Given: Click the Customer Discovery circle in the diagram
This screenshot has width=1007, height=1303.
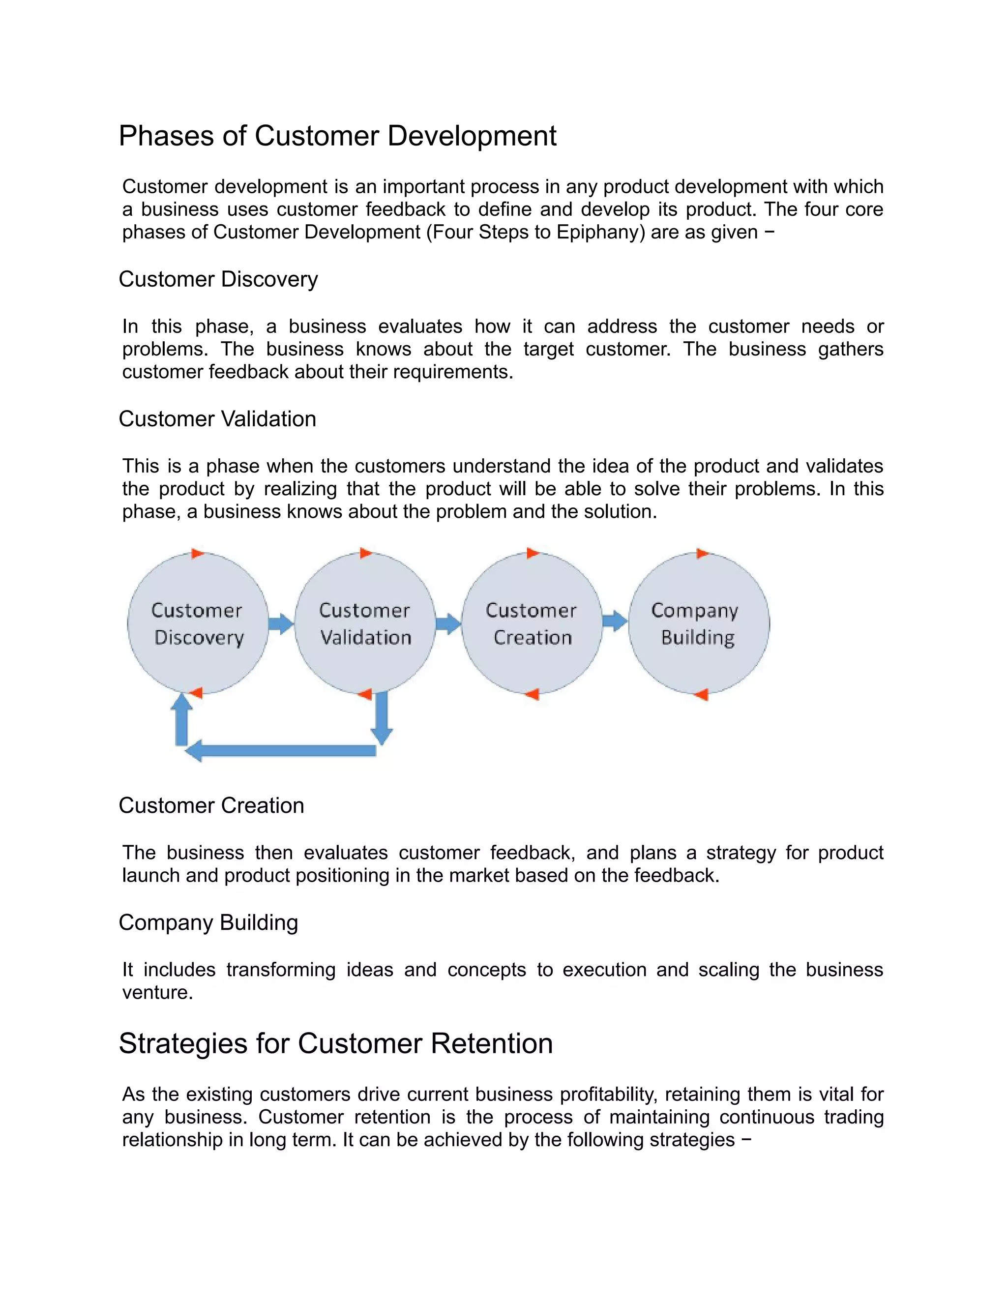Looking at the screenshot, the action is coord(198,623).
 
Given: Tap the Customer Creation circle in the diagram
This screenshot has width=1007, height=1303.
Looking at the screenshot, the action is coord(532,623).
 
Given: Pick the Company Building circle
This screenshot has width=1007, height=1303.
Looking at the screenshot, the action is coord(699,623).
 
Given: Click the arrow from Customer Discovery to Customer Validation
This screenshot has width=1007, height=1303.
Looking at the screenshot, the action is coord(281,623).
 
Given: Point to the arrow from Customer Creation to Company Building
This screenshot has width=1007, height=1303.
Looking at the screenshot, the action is coord(615,621).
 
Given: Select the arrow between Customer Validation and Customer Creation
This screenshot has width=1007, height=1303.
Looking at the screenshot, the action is coord(448,623).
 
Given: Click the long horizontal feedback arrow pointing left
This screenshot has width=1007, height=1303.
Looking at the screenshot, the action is coord(280,750).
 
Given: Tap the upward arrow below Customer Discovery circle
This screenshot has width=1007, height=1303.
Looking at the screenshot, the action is coord(181,720).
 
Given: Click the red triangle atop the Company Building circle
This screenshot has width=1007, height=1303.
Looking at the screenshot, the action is coord(702,554).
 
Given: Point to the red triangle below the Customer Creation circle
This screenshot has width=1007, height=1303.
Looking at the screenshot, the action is coord(532,694).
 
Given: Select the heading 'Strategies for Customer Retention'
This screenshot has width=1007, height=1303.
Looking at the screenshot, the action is coord(335,1043).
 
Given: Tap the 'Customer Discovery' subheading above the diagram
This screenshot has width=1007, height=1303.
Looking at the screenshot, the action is coord(218,279).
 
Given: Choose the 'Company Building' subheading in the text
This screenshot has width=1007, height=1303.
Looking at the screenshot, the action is coord(208,922).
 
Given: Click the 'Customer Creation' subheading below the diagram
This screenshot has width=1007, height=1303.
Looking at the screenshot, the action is coord(211,805).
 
